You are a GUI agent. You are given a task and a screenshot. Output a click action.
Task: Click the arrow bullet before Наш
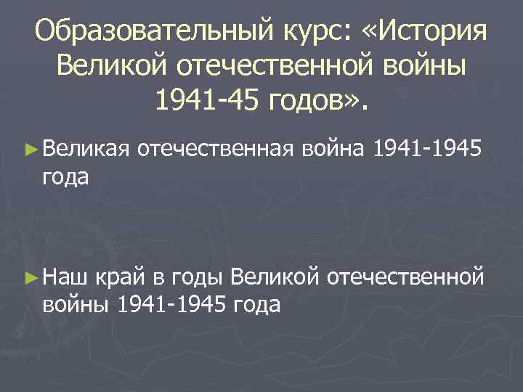tap(31, 276)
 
